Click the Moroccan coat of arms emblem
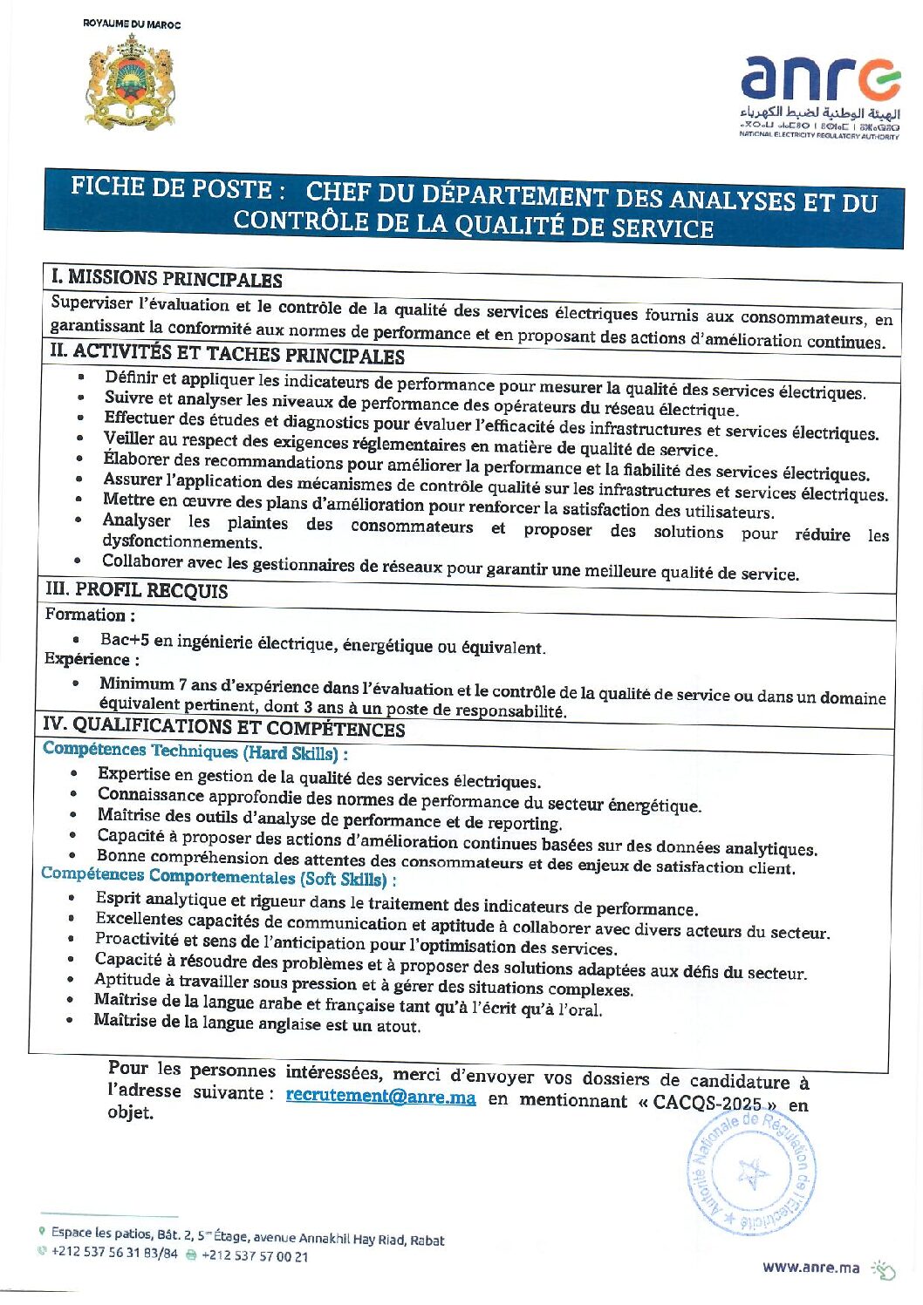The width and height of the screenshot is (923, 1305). tap(130, 82)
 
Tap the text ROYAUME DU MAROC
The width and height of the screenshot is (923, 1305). tap(132, 24)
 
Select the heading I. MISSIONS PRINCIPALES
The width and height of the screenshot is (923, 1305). tap(167, 279)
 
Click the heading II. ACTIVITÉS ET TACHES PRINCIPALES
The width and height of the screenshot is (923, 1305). tap(227, 353)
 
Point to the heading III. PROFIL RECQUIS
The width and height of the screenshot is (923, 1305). tap(137, 590)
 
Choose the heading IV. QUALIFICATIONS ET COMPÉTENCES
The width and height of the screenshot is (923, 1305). tap(224, 726)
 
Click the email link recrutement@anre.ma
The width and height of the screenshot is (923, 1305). tap(380, 1097)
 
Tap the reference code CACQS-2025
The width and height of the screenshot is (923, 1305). tap(707, 1103)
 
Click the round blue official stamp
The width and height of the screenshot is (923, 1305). tap(751, 1173)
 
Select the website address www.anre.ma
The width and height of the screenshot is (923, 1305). tap(810, 1268)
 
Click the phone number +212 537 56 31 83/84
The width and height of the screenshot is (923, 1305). tap(114, 1253)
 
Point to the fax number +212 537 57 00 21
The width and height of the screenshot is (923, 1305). tap(255, 1256)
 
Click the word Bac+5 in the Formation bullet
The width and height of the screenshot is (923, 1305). tap(125, 640)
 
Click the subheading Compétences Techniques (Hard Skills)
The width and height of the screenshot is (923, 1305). tap(195, 751)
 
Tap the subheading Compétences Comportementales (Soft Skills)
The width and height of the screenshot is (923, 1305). tap(218, 877)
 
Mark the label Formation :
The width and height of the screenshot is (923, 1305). tap(90, 615)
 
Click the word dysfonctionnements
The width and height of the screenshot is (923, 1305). tap(181, 542)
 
